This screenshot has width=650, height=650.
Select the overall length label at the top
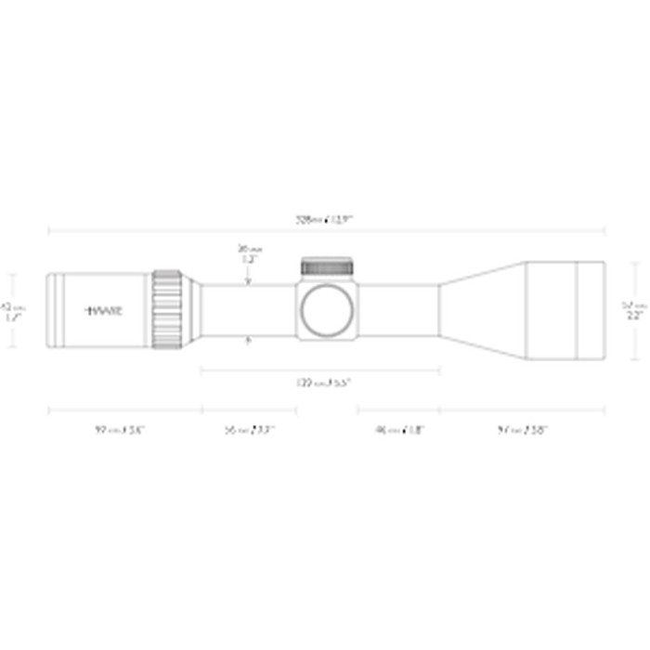coord(325,219)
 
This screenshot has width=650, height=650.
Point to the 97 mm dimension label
coord(120,430)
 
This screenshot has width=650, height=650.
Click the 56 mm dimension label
coord(248,430)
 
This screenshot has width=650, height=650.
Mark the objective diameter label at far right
coord(634,310)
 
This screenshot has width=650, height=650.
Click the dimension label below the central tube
coord(322,382)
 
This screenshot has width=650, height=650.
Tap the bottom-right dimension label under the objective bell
coord(522,430)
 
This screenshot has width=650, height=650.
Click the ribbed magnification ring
coord(167,308)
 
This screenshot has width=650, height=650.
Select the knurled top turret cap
coord(327,266)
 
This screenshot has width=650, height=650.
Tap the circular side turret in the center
coord(327,310)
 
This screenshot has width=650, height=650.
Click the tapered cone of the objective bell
coord(483,310)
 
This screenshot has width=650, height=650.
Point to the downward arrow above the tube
coord(247,279)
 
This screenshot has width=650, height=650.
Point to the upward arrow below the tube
coord(247,342)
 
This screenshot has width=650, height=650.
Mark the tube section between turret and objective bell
coord(399,310)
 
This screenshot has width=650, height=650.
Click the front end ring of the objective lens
coord(591,310)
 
